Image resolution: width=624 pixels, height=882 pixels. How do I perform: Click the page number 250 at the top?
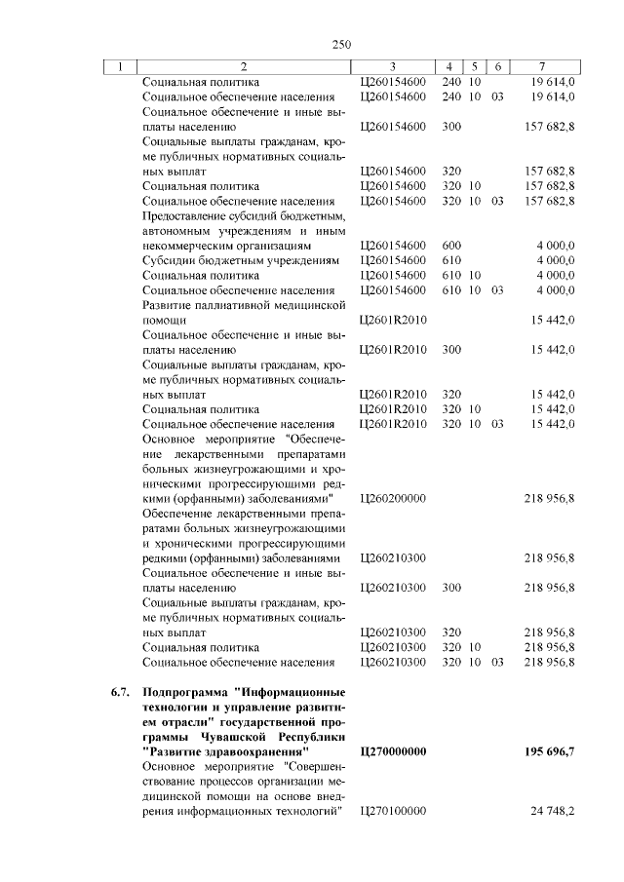coord(340,44)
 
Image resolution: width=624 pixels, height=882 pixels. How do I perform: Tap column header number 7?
coord(542,66)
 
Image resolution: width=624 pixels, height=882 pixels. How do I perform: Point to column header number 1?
coord(120,66)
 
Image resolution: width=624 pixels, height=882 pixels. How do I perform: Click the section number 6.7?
coord(120,692)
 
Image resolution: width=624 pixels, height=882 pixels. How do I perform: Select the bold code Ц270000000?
coord(394,752)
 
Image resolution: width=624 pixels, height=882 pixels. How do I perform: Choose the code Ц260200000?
coord(394,498)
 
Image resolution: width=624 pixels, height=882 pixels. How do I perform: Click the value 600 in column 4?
coord(451,246)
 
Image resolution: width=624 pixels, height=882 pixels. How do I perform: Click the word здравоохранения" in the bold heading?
coord(253,752)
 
